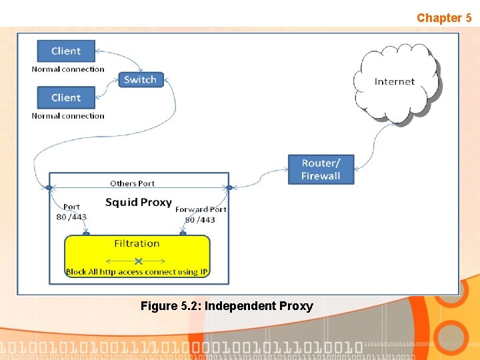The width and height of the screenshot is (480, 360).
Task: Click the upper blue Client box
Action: pos(66,51)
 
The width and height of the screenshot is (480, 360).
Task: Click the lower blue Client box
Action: pos(66,98)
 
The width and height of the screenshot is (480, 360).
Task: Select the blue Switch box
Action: pos(140,80)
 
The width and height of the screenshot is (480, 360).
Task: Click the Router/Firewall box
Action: pos(321,170)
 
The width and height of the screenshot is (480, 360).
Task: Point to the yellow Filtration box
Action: pos(137,256)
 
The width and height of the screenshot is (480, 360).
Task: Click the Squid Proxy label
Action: pos(139,202)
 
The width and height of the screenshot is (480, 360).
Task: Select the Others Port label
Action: pos(132,183)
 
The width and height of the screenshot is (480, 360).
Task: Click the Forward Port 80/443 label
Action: pos(200,215)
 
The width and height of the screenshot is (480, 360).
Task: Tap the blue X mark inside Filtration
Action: pos(138,261)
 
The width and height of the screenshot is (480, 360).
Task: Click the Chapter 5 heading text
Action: pos(444,18)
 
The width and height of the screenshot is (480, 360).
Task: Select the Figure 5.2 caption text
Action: pos(227,306)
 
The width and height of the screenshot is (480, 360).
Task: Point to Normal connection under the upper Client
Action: pos(68,69)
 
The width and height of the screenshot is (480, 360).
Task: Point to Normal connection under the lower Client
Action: pos(68,116)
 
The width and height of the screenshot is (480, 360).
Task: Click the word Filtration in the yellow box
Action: pos(137,243)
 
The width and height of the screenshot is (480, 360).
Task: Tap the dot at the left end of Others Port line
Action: pos(49,188)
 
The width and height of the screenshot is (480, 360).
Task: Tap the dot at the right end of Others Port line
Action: pos(229,188)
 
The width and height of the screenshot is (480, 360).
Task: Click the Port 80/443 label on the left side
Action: pos(71,212)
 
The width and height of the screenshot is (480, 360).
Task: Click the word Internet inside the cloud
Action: pos(395,81)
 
